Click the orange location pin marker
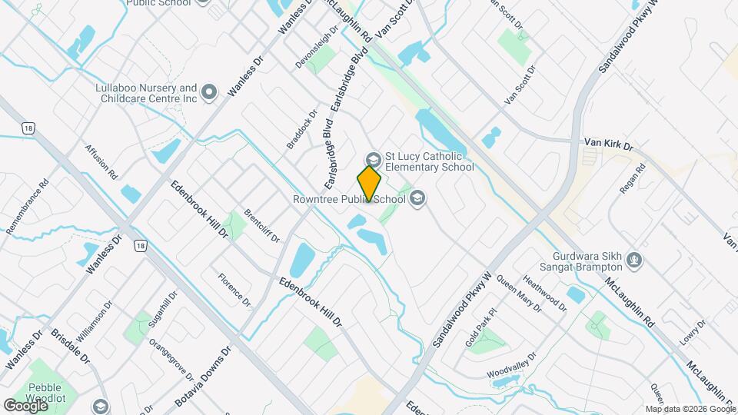[x=370, y=183]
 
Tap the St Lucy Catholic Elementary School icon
[x=373, y=160]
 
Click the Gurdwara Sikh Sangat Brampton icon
[x=633, y=260]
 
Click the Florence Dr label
[x=234, y=290]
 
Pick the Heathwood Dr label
[x=544, y=294]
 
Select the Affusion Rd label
[x=101, y=162]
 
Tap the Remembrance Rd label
[x=28, y=207]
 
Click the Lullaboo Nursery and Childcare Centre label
[x=146, y=93]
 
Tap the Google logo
[x=25, y=405]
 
